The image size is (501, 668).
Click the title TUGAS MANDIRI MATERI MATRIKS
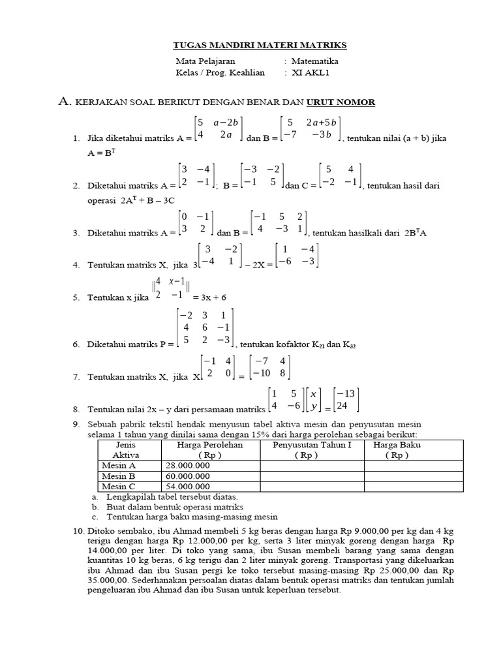pyautogui.click(x=259, y=45)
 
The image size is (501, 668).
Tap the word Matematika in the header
pyautogui.click(x=315, y=61)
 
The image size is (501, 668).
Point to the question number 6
pyautogui.click(x=76, y=344)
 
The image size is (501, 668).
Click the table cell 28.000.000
pyautogui.click(x=188, y=465)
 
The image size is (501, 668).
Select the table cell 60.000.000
pyautogui.click(x=188, y=476)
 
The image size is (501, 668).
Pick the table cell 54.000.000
pyautogui.click(x=188, y=487)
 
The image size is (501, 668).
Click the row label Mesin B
pyautogui.click(x=118, y=476)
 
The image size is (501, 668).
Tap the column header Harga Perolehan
pyautogui.click(x=210, y=445)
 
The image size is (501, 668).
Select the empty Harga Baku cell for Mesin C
pyautogui.click(x=414, y=487)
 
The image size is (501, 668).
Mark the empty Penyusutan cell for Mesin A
pyautogui.click(x=312, y=465)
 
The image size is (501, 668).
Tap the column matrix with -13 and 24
pyautogui.click(x=346, y=399)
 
